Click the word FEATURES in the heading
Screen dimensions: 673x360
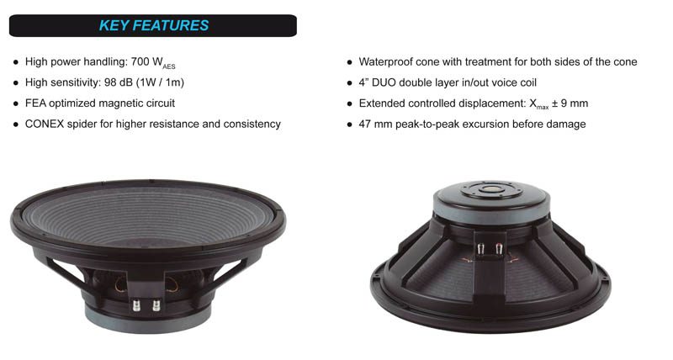tap(171, 26)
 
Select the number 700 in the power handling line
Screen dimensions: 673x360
tap(140, 61)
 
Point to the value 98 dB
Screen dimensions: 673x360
tap(119, 82)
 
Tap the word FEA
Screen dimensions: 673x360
tap(35, 103)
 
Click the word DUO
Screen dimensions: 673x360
tap(384, 82)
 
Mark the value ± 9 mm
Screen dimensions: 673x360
tap(570, 103)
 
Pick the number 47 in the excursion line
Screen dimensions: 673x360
tap(364, 124)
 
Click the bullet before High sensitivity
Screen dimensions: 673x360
tap(16, 83)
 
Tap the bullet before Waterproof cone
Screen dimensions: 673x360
tap(349, 62)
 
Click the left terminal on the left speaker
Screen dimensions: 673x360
tap(136, 305)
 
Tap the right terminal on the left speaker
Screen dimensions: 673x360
tap(156, 305)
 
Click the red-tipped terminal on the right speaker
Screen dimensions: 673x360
tap(498, 249)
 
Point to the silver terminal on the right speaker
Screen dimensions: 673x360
tap(481, 249)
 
